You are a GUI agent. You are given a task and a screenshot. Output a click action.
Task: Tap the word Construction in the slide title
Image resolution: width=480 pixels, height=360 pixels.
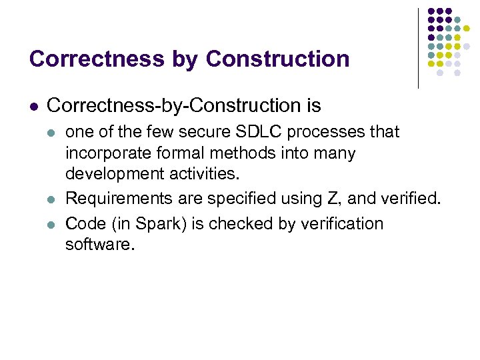277,59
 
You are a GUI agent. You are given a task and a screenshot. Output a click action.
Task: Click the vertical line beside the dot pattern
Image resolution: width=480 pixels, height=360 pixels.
418,48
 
